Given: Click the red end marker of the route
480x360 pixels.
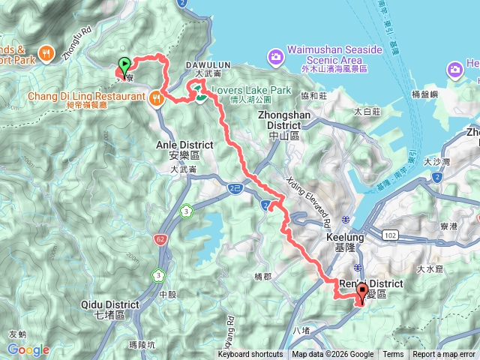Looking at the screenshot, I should tap(362, 293).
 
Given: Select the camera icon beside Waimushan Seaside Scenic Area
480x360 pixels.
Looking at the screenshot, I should tap(276, 56).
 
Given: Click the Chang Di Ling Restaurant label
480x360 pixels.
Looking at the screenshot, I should tap(87, 96).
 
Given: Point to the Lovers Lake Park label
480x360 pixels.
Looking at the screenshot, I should tap(251, 90).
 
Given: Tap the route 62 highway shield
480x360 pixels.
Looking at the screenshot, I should tap(162, 219).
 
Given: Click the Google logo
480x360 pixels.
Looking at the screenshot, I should tap(28, 349).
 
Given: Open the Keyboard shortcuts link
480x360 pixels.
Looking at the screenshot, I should tap(250, 355).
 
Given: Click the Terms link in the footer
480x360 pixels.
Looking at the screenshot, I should tap(393, 355).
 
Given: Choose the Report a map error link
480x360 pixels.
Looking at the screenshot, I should tap(445, 355).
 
